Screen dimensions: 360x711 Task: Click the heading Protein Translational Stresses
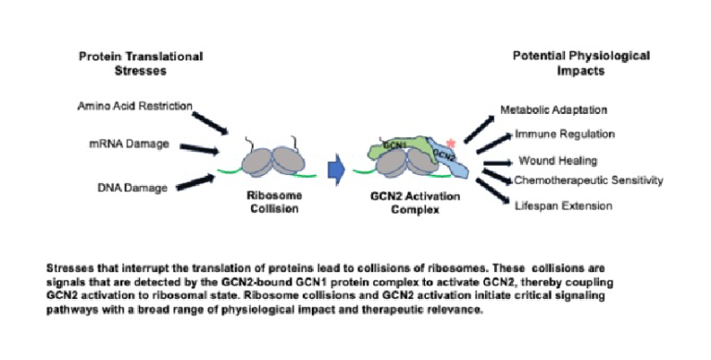(x=140, y=63)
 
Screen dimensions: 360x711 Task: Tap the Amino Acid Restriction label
(x=135, y=106)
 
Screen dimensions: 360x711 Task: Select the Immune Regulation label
(x=562, y=136)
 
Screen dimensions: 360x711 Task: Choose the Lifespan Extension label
(x=563, y=205)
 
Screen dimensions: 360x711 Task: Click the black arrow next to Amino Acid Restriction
(x=211, y=121)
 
